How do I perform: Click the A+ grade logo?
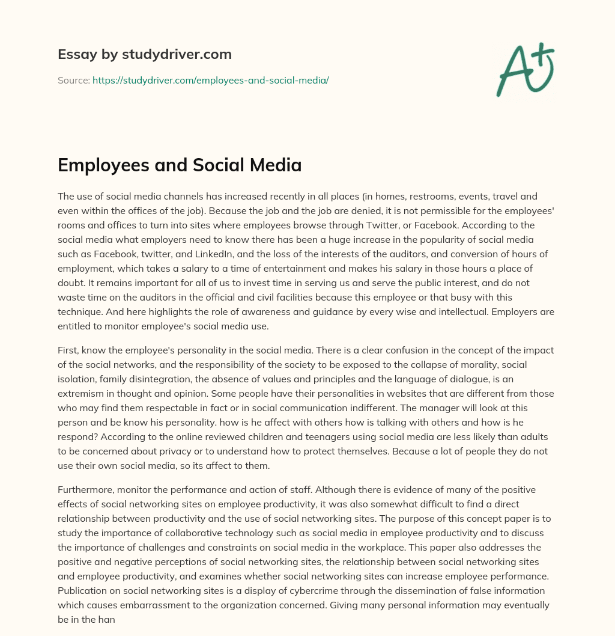point(524,70)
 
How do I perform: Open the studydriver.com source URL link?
point(210,80)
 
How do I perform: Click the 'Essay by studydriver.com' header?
point(145,54)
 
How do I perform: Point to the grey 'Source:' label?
point(73,80)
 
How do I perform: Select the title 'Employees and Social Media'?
point(180,165)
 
